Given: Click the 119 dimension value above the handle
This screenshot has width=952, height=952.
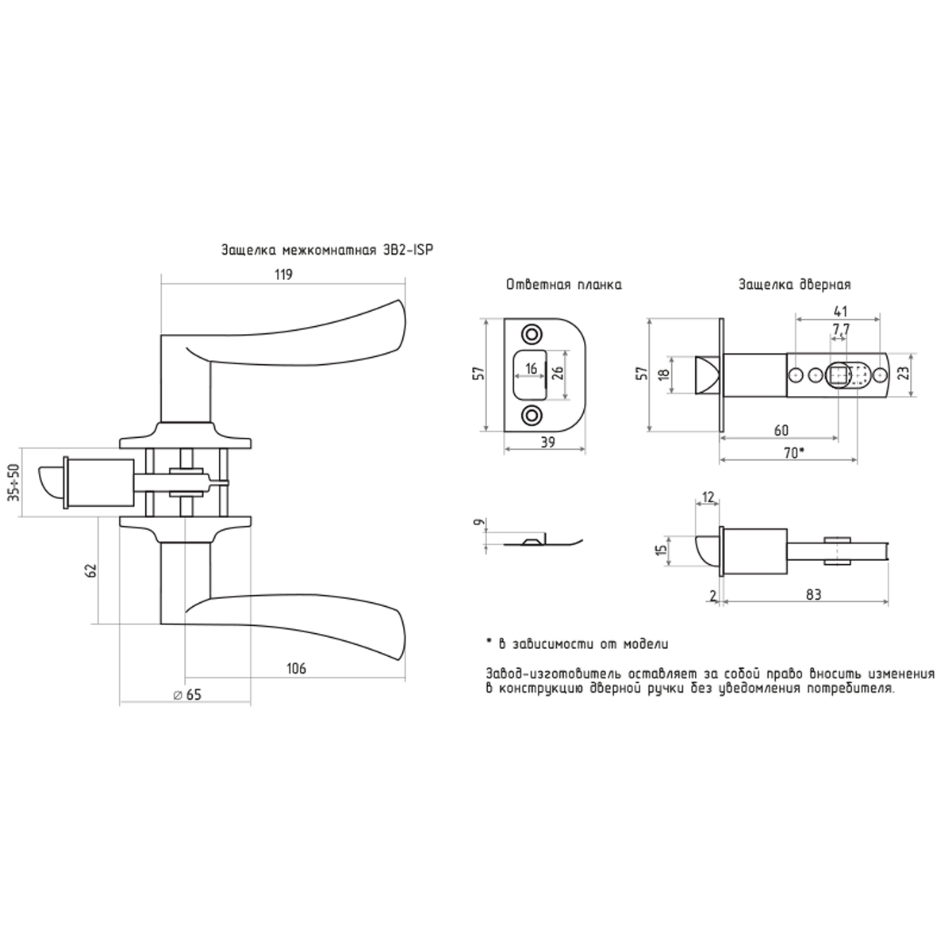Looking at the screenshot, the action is (x=283, y=274).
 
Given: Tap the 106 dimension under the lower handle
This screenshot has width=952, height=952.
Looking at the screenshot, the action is (x=296, y=669).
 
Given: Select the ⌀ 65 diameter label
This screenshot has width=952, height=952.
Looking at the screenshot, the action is (x=188, y=695).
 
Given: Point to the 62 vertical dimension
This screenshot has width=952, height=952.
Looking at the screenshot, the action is (x=90, y=570).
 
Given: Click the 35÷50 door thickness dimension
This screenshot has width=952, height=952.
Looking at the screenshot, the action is (x=15, y=482).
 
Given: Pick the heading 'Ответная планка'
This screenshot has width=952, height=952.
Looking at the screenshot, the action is (x=564, y=285).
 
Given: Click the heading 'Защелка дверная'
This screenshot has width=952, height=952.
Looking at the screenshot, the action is (x=795, y=285).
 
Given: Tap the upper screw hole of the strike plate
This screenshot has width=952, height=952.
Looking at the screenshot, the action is (x=532, y=333).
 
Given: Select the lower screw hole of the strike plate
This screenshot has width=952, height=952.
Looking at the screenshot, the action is (x=532, y=414).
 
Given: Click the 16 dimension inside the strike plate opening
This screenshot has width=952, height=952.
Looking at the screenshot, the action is (x=531, y=369).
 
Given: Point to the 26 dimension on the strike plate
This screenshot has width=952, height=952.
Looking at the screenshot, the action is (x=558, y=373).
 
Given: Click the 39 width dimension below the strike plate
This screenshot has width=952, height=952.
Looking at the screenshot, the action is (x=547, y=443).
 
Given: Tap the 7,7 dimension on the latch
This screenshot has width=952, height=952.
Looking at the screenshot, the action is (x=841, y=329).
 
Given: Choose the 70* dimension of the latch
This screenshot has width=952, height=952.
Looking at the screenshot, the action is (x=794, y=452).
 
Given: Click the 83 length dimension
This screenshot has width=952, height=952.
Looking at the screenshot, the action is (x=813, y=594).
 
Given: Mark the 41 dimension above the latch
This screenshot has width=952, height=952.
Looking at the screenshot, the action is (x=840, y=311).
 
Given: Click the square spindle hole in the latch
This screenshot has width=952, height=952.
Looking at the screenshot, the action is (x=838, y=376).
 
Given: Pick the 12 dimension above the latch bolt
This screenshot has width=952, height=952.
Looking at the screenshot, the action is (x=708, y=497).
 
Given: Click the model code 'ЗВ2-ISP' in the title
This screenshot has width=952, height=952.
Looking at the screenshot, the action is (x=409, y=250).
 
